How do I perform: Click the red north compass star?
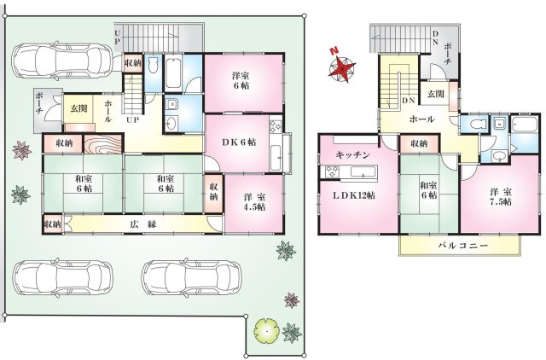coord(342,68)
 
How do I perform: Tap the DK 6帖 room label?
coord(239,142)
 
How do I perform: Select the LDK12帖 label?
coord(354,195)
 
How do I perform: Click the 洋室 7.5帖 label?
coord(501,197)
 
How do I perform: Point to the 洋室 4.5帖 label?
coord(254,202)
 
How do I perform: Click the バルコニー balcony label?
coord(462,246)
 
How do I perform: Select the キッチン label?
coord(352,155)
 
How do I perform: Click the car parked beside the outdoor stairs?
coord(62,61)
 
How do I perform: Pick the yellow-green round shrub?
coord(267,330)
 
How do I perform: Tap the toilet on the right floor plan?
coord(475,125)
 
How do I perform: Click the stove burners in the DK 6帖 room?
coord(275,127)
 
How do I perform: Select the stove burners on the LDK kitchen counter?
coord(333,172)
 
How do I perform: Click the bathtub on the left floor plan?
coord(173,73)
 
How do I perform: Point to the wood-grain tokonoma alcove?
coord(103,144)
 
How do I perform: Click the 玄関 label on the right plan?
coord(435,94)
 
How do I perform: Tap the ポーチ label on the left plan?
coord(39,104)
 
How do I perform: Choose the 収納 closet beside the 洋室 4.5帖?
coord(213,192)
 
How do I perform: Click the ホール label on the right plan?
coord(421,119)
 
